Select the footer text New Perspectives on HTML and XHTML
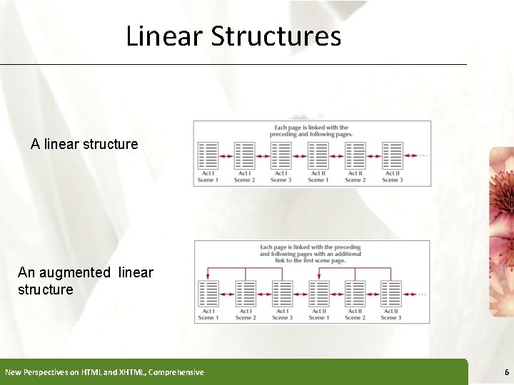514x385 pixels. [x=104, y=372]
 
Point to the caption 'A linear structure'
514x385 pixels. [x=84, y=144]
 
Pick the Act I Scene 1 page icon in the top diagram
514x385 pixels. [x=208, y=155]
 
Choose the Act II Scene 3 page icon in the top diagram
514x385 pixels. [x=392, y=155]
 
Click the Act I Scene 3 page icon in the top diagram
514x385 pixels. [x=281, y=155]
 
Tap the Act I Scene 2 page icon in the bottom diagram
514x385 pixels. [x=245, y=293]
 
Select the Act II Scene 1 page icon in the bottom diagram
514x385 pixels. [x=318, y=293]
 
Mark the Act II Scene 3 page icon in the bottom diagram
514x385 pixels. [x=391, y=293]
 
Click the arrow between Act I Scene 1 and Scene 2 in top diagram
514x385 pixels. [x=226, y=156]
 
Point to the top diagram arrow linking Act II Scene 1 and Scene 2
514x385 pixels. [x=336, y=156]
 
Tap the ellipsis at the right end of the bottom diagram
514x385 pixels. [x=423, y=293]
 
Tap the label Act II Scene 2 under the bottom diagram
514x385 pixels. [x=354, y=314]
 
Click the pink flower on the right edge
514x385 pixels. [x=501, y=214]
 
